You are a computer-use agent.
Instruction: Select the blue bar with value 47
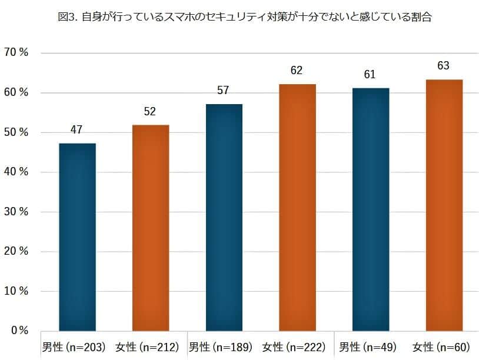tap(77, 236)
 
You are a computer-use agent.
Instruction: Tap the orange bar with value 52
tap(150, 228)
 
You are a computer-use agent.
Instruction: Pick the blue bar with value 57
tap(224, 217)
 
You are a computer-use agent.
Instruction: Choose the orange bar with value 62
tap(297, 207)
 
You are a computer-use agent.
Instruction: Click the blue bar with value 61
tap(370, 209)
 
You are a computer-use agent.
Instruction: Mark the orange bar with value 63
tap(444, 205)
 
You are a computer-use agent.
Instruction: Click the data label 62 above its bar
tap(297, 71)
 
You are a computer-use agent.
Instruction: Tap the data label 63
tap(444, 66)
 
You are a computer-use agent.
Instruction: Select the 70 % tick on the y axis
tap(16, 53)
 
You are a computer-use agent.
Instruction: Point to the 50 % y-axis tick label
tap(16, 132)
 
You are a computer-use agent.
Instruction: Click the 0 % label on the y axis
tap(19, 331)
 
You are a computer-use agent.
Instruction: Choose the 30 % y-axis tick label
tap(16, 212)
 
